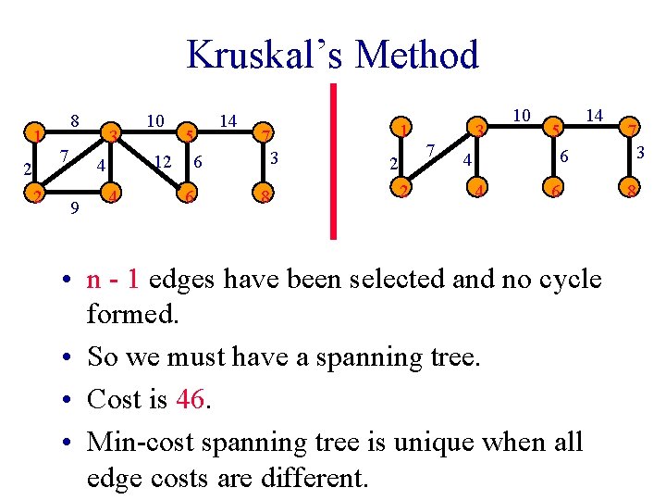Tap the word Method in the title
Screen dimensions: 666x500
[x=416, y=55]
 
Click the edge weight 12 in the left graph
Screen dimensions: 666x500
[x=163, y=162]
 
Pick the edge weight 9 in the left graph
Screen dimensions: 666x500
[x=74, y=209]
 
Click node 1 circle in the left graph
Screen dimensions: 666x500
[x=34, y=136]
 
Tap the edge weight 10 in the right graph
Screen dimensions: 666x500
[x=522, y=115]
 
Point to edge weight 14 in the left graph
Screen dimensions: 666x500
[x=228, y=120]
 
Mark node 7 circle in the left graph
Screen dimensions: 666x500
[x=265, y=136]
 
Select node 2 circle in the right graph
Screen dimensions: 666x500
[x=401, y=192]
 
